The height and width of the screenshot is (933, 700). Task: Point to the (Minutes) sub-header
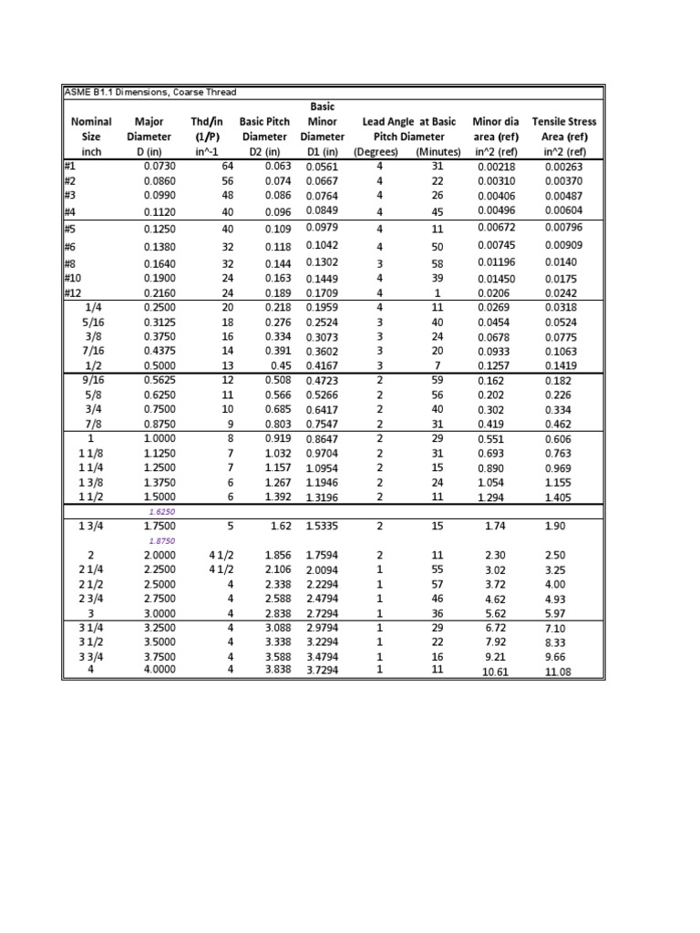[437, 151]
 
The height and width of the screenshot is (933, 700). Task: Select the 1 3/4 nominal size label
[91, 527]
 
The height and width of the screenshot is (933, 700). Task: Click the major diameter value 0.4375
[160, 351]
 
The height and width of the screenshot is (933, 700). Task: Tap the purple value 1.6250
[160, 512]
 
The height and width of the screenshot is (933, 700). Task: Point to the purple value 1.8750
[160, 540]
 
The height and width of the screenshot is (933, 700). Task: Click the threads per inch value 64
[227, 167]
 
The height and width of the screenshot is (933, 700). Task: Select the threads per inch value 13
[228, 365]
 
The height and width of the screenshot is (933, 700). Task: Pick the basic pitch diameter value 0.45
[279, 365]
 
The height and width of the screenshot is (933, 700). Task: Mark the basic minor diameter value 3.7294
[325, 670]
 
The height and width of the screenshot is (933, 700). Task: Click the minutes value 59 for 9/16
[437, 380]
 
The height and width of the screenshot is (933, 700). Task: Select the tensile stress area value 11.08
[558, 672]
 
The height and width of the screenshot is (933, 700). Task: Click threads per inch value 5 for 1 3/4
[231, 527]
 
